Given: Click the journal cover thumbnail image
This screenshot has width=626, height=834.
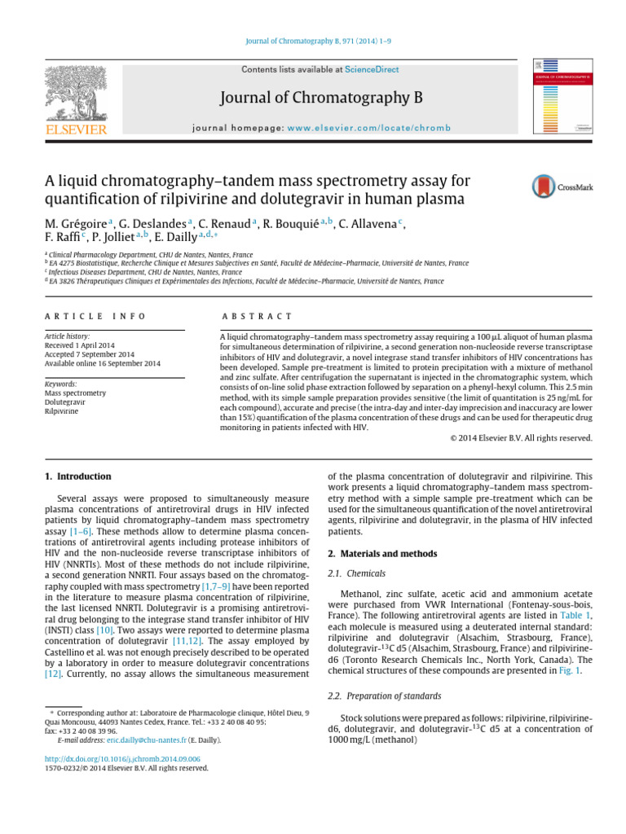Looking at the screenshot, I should [562, 97].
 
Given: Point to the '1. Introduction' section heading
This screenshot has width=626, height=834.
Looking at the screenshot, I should [77, 476].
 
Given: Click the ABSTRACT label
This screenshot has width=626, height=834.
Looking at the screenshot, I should [256, 316].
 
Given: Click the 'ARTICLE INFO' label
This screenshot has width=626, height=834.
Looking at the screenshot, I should [95, 316].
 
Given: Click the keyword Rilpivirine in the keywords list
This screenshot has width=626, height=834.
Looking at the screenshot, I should [61, 412].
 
